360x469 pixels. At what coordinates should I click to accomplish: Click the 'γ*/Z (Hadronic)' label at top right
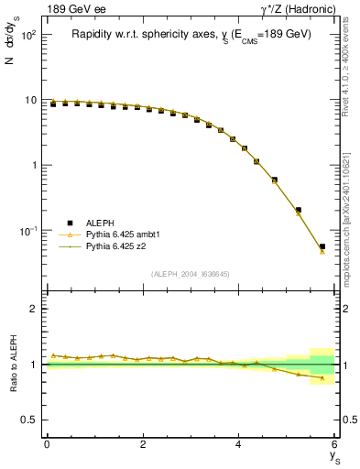pyautogui.click(x=299, y=9)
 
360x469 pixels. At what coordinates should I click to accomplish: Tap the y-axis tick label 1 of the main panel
pyautogui.click(x=33, y=166)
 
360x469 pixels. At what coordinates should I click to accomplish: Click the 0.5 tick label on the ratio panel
pyautogui.click(x=28, y=420)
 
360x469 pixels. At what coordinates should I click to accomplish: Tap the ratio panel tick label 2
pyautogui.click(x=33, y=310)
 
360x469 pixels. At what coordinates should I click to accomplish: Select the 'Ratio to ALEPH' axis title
pyautogui.click(x=14, y=364)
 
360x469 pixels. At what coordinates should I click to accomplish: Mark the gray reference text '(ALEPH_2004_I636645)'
pyautogui.click(x=191, y=274)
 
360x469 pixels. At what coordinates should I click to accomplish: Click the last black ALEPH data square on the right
pyautogui.click(x=322, y=246)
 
